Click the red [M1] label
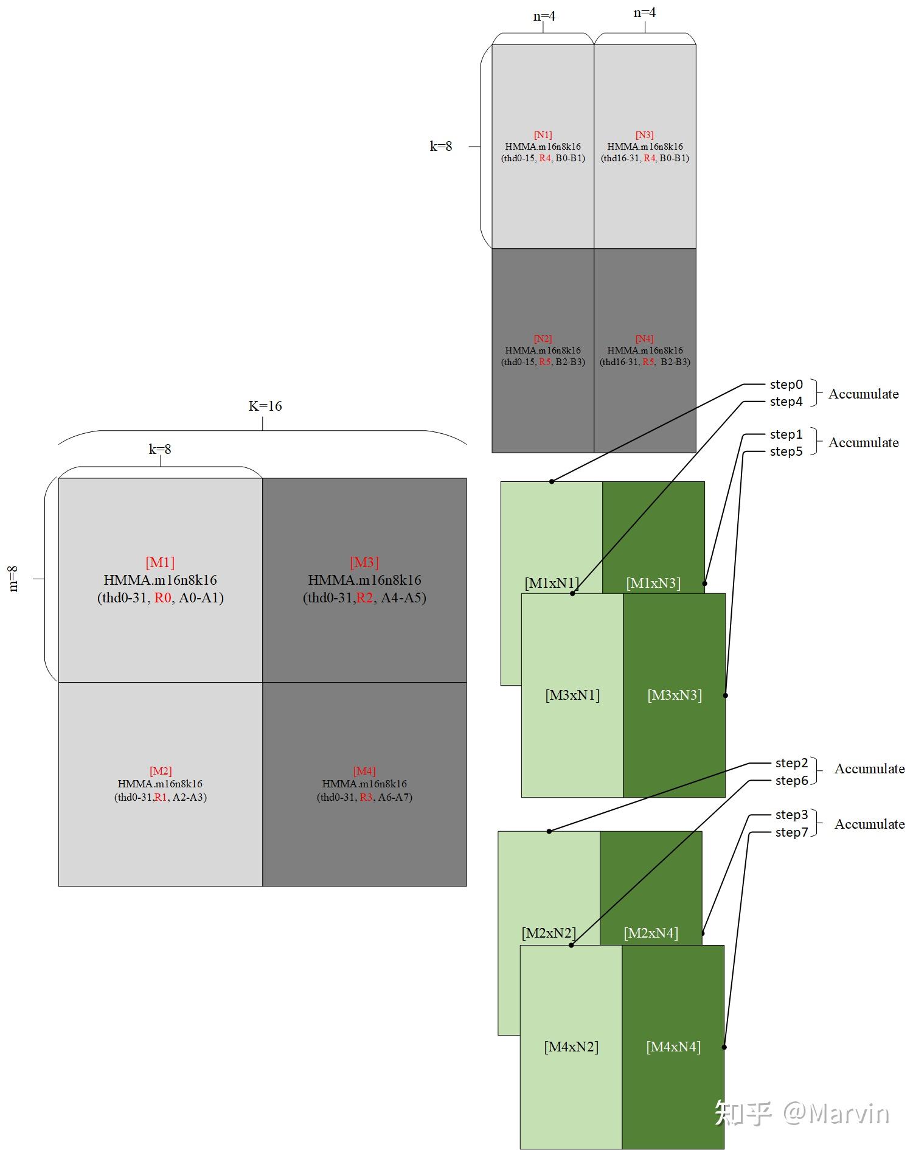[160, 563]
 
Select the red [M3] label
[364, 563]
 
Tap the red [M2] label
[161, 772]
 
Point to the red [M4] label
[364, 772]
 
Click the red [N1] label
[543, 135]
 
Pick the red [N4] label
[644, 339]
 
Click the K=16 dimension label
[265, 406]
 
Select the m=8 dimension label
[13, 579]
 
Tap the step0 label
[786, 385]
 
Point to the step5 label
[786, 451]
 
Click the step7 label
[791, 832]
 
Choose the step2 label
[791, 763]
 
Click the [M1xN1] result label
[552, 583]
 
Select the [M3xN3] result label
[674, 695]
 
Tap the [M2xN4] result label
[650, 933]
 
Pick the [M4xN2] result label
[571, 1047]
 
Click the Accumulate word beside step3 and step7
[869, 824]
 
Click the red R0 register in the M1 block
[162, 598]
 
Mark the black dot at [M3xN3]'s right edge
[725, 695]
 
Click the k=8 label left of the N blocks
[441, 147]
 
